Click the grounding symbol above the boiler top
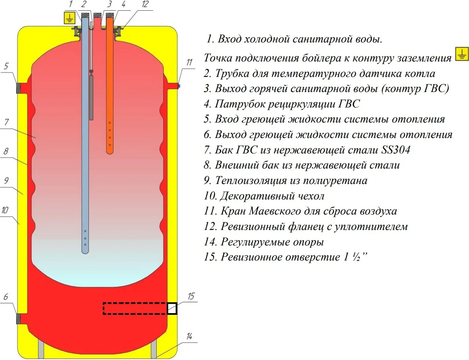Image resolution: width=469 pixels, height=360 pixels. [69, 18]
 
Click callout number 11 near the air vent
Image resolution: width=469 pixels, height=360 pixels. [189, 62]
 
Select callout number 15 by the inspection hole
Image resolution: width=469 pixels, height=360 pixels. [191, 296]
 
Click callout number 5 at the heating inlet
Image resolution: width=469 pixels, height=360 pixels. [6, 66]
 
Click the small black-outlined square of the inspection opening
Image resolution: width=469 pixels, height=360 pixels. [171, 308]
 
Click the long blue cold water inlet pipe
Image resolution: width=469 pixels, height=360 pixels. [85, 139]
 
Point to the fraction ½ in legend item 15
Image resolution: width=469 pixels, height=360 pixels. [355, 257]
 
